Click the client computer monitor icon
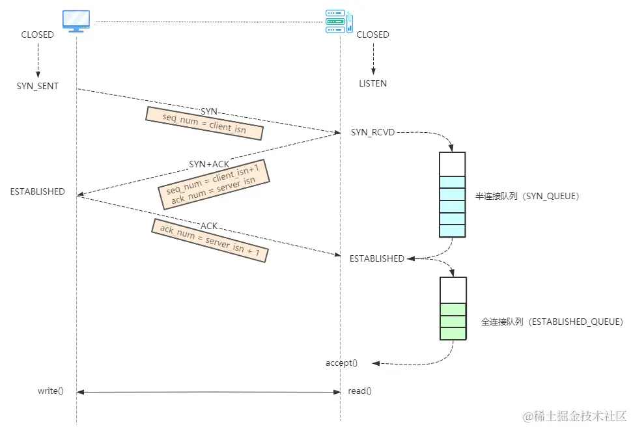point(76,21)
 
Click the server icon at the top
point(339,21)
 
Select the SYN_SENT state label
point(38,86)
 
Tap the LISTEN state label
point(373,83)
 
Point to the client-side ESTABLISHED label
point(38,191)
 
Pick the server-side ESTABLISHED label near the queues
point(377,258)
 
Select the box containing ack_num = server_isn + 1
point(210,241)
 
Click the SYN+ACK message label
point(209,164)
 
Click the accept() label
point(342,363)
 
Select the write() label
point(50,391)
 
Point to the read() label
point(360,391)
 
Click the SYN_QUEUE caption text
point(527,195)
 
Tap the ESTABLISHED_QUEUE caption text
point(552,322)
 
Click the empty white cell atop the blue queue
point(453,164)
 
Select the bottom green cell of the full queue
point(453,333)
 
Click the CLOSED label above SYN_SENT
point(38,34)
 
